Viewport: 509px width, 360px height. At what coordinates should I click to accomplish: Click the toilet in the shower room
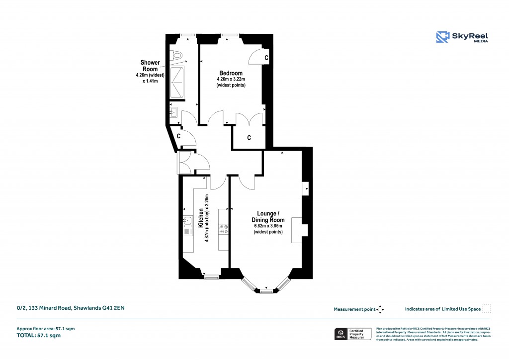click(175, 56)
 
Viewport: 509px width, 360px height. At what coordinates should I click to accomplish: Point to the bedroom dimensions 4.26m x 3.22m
click(231, 79)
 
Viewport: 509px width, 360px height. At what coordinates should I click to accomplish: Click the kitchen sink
click(187, 220)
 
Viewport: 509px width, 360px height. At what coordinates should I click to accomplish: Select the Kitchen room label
click(200, 218)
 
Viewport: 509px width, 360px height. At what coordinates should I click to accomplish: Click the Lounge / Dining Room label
click(268, 217)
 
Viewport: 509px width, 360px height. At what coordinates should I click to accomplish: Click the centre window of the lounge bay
click(266, 291)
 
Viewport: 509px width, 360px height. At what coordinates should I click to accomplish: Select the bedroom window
click(229, 35)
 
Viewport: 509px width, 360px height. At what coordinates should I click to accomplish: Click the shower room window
click(187, 35)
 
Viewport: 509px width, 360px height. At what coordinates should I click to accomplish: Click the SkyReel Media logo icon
click(442, 37)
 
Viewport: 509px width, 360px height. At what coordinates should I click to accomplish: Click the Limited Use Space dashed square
click(487, 309)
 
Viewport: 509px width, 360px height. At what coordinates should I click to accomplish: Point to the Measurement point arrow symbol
click(380, 309)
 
